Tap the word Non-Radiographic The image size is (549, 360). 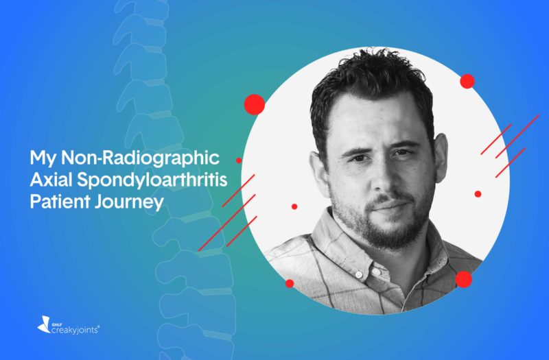click(x=141, y=158)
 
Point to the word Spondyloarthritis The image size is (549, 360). click(x=152, y=180)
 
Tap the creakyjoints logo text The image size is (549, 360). click(x=75, y=331)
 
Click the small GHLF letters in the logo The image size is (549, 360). click(x=54, y=324)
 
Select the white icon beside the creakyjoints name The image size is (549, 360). click(x=44, y=324)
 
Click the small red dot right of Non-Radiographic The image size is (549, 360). click(x=239, y=160)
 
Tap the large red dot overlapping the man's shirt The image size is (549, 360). click(x=464, y=279)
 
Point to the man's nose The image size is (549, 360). click(x=382, y=178)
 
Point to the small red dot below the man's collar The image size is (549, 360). click(x=290, y=283)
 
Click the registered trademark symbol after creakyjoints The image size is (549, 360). click(x=99, y=327)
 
